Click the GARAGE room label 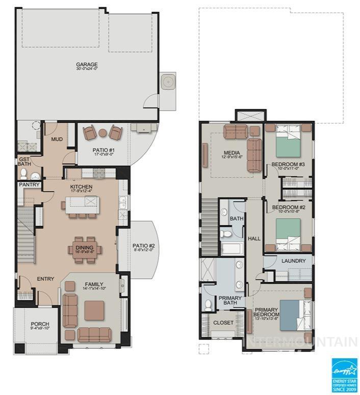tap(87, 65)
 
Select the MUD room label tap(56, 139)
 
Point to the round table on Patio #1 tap(102, 134)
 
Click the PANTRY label tap(29, 185)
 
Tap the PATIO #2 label tap(143, 247)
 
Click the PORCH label tap(40, 324)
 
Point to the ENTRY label tap(45, 279)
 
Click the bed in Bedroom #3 tap(289, 145)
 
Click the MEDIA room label tap(232, 152)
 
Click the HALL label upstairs tap(254, 239)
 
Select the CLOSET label tap(223, 323)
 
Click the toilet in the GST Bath tap(24, 175)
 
